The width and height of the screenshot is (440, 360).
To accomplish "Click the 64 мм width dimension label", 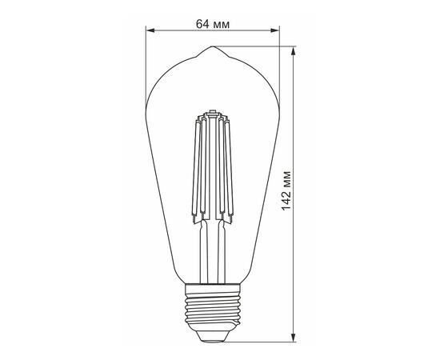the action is click(x=213, y=24).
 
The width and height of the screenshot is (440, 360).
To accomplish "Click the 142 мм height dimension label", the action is click(x=286, y=190).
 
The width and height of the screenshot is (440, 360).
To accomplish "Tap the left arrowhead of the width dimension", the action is click(x=150, y=30).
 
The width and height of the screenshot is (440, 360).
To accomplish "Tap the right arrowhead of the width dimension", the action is click(x=274, y=30).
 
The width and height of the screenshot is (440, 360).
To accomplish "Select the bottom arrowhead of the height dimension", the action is click(x=294, y=338).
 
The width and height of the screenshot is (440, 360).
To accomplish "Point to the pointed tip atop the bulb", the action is click(x=213, y=46).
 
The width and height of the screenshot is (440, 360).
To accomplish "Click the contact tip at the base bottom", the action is click(x=213, y=340).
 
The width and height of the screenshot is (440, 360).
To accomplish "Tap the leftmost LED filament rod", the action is click(x=196, y=168).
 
